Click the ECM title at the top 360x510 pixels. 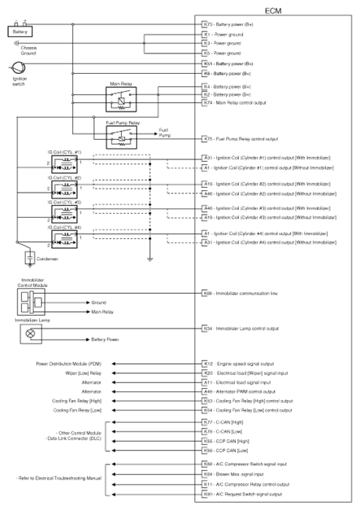[273, 9]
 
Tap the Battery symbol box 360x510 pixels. [20, 31]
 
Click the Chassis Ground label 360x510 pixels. [29, 50]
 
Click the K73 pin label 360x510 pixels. [206, 24]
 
